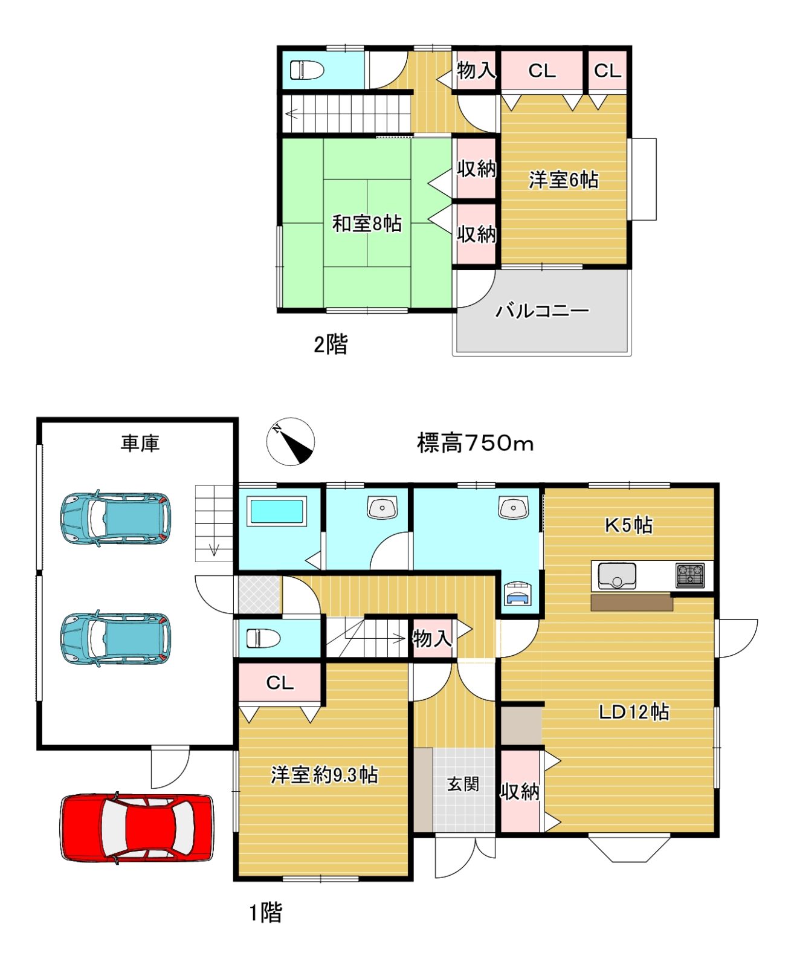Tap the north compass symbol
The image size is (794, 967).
(291, 442)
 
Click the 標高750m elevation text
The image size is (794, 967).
(475, 444)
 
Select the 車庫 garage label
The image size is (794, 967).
(140, 444)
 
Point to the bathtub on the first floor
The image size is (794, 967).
(277, 511)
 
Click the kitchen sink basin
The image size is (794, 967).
(617, 576)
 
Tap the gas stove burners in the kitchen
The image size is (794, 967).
(690, 575)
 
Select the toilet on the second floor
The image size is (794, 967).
(307, 70)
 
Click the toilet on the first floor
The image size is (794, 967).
(263, 638)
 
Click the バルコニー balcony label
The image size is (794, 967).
(542, 311)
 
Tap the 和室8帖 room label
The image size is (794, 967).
(367, 224)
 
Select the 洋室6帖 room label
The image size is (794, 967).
(563, 179)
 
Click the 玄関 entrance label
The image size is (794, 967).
(463, 784)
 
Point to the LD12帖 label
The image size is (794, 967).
(633, 711)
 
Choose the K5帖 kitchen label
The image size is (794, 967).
(628, 525)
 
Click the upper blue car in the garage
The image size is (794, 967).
(115, 519)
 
